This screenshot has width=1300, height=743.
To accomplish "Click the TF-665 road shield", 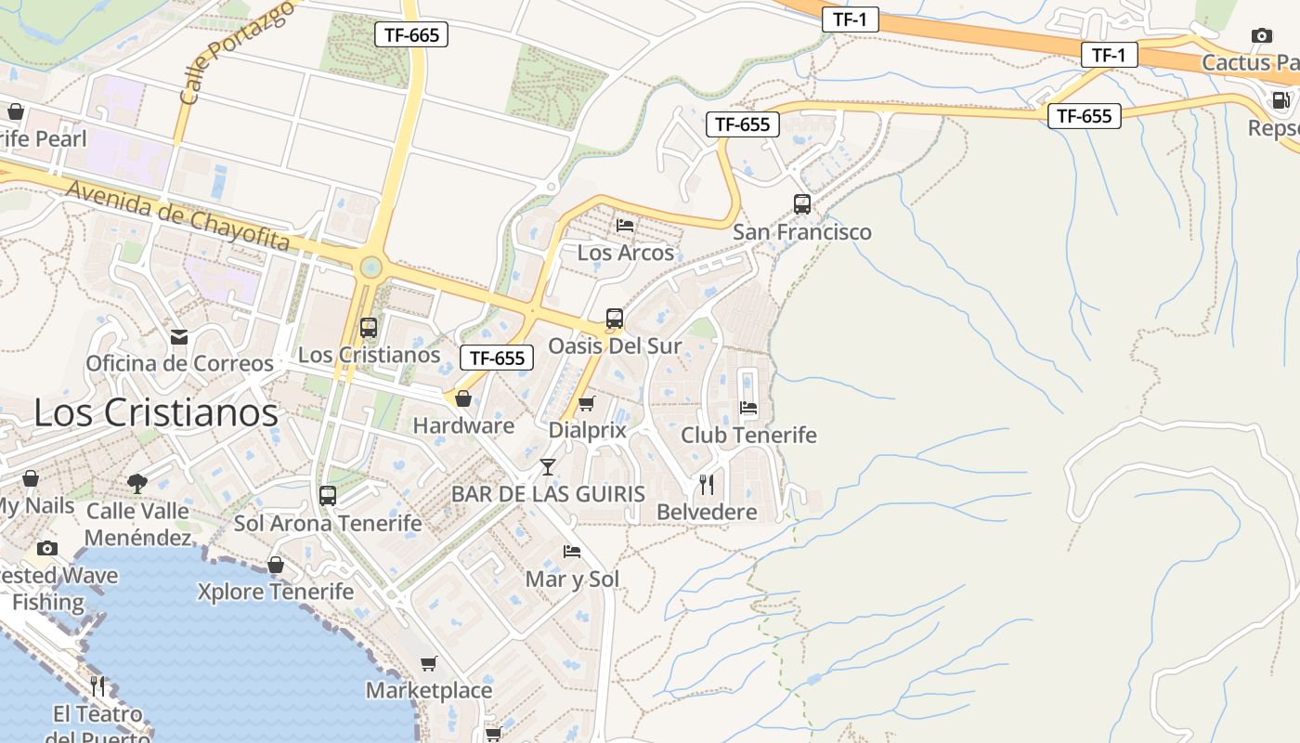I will click(x=411, y=35).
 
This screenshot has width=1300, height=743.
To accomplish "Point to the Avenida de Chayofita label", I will click(x=177, y=215).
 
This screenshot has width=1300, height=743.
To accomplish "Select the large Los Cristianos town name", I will click(x=156, y=412).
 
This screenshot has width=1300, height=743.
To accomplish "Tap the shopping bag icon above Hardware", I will click(x=462, y=398).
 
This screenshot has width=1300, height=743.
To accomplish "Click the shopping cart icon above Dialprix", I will click(x=586, y=404).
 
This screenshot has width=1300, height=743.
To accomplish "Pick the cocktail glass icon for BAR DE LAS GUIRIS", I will click(x=548, y=466).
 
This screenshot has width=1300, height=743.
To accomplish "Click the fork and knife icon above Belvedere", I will click(x=707, y=484).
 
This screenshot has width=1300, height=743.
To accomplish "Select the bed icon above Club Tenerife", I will click(x=748, y=407).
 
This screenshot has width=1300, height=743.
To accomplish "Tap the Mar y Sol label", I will click(x=572, y=580).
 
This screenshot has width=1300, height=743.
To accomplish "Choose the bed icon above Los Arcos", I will click(x=625, y=225).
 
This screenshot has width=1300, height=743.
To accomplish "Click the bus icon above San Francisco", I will click(x=802, y=204).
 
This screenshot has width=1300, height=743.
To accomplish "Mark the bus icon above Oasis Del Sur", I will click(x=615, y=319).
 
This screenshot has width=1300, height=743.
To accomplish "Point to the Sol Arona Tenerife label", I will click(x=328, y=523).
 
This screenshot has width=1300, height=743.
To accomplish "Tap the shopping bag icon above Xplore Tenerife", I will click(x=276, y=565).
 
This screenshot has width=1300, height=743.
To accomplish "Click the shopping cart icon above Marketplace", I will click(x=428, y=663).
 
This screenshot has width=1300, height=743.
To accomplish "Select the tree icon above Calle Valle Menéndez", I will click(x=137, y=483).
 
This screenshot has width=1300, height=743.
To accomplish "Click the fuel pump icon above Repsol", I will click(x=1280, y=100).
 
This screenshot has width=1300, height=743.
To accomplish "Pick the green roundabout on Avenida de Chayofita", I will click(x=370, y=267).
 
